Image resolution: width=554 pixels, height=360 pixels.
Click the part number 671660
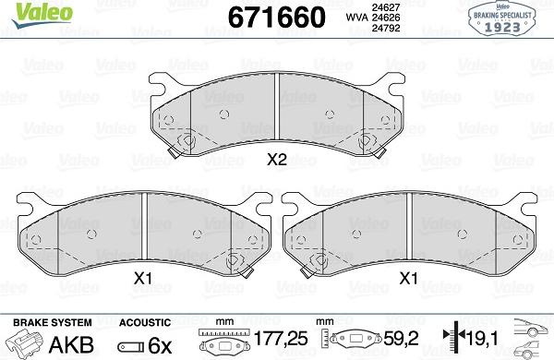(x=271, y=17)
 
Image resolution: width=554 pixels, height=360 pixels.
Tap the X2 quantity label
(x=276, y=159)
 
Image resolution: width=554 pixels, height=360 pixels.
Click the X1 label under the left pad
(x=143, y=277)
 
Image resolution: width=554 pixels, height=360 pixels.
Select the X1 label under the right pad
(x=408, y=277)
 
